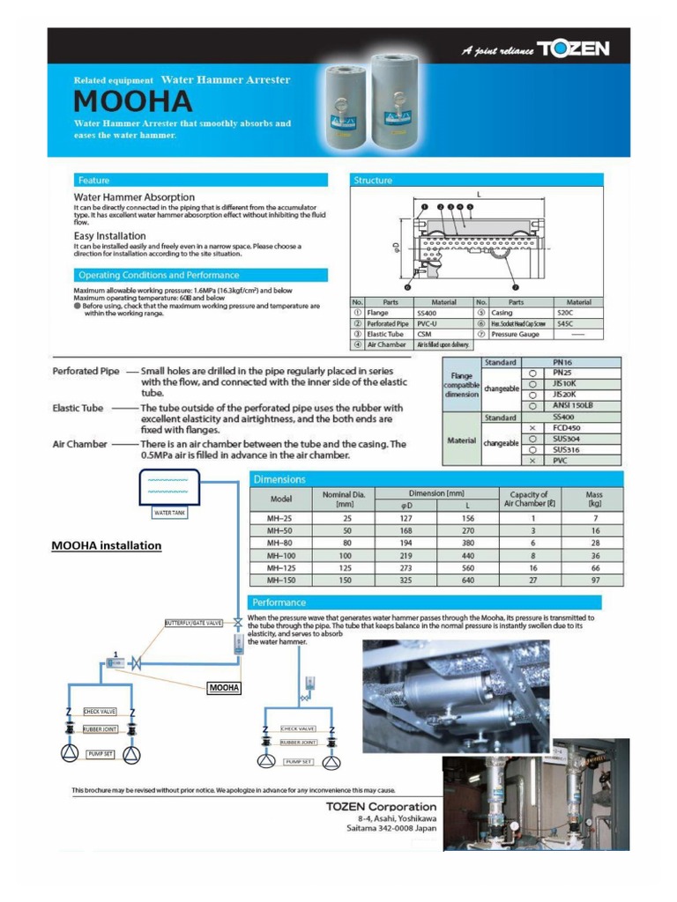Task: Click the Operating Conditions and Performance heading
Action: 158,275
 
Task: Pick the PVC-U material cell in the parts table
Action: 432,324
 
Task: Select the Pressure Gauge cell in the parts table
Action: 516,335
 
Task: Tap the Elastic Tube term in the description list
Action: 78,408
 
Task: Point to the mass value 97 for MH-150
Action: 595,580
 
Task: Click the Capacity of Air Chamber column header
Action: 529,499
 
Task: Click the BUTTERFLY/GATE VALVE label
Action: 194,624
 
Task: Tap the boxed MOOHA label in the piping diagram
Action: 224,687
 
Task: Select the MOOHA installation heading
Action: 107,545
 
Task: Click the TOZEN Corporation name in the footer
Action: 381,806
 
